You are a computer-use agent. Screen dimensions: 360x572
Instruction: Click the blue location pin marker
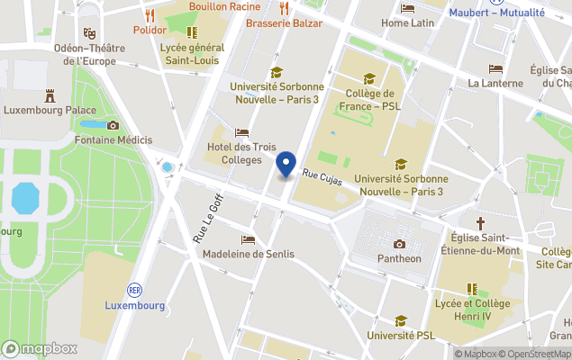[x=286, y=165]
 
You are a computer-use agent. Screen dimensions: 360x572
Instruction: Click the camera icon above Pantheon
[x=399, y=243]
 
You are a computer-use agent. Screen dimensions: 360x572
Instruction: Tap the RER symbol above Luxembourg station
[x=134, y=290]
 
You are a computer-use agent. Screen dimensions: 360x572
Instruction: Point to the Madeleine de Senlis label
[x=249, y=254]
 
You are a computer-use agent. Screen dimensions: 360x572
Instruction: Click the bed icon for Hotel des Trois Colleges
[x=241, y=132]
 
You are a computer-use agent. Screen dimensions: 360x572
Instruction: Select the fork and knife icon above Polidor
[x=150, y=14]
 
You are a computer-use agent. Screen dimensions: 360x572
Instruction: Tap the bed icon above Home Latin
[x=407, y=8]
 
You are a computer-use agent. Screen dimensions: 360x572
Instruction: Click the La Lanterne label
[x=495, y=83]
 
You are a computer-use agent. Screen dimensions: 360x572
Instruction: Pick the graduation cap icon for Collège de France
[x=368, y=78]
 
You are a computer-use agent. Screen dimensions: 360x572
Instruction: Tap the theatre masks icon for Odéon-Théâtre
[x=89, y=32]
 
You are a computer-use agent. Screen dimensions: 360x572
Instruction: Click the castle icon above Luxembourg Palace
[x=50, y=94]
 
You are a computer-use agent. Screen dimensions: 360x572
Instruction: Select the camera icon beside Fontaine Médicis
[x=113, y=125]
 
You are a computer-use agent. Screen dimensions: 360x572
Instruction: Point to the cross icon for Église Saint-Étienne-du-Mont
[x=480, y=221]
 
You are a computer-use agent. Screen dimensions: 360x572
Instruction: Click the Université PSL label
[x=400, y=335]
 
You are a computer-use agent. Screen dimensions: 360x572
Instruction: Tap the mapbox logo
[x=41, y=348]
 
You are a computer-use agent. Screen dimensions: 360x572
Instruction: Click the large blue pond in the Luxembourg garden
[x=26, y=195]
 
